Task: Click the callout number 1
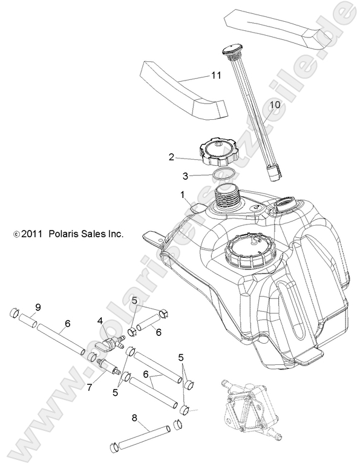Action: pos(180,195)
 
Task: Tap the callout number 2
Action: pos(171,157)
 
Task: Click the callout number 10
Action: pos(275,105)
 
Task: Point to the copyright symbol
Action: pos(16,233)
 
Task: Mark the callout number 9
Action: pos(38,307)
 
